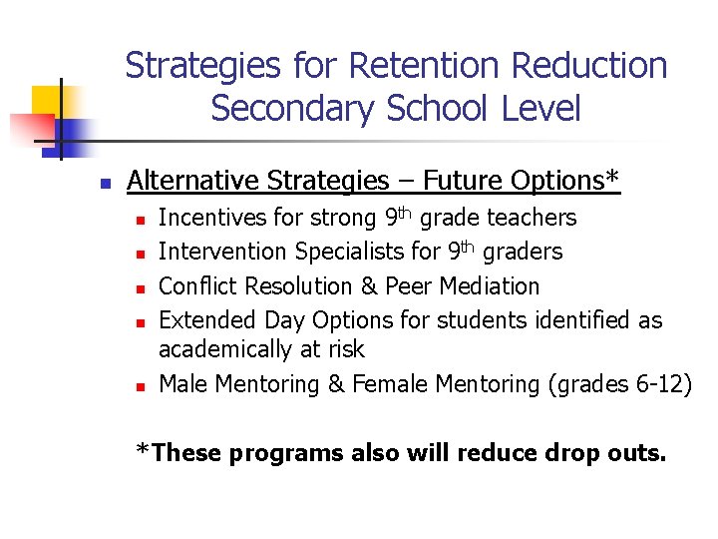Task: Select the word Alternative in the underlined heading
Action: coord(189,181)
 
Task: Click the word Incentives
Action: coord(206,218)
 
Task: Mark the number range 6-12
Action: coord(653,383)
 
